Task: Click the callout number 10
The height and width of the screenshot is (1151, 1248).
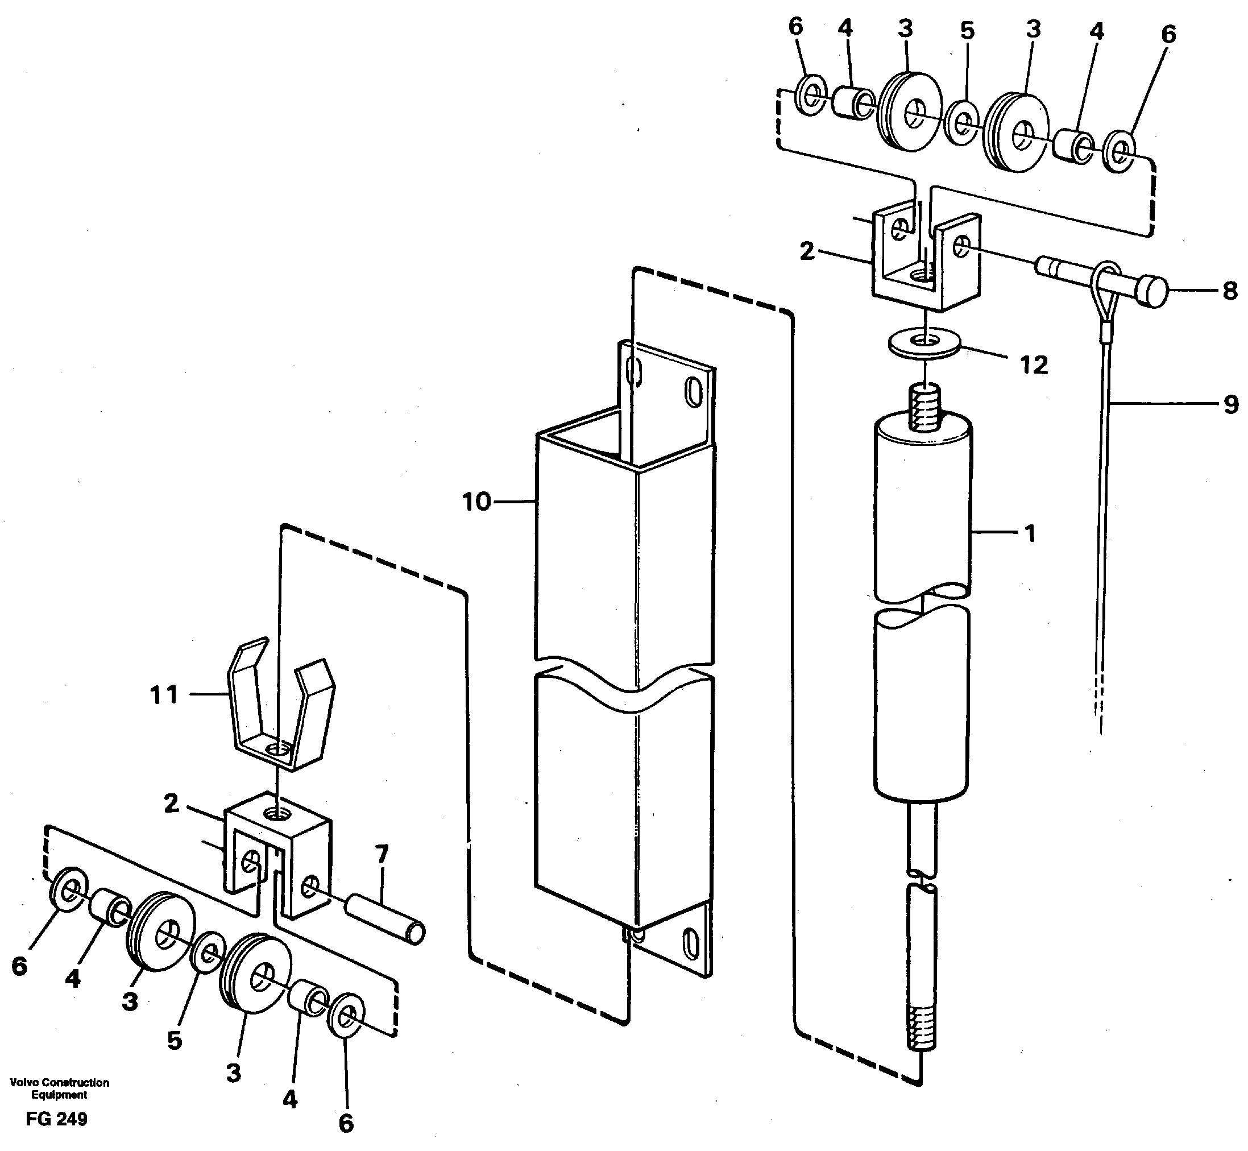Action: click(476, 502)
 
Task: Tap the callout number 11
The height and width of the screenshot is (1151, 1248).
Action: click(164, 695)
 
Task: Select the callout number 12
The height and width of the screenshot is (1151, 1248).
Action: click(1034, 365)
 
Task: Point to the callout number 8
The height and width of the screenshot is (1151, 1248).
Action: click(1230, 291)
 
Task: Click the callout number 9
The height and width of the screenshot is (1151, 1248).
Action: click(1230, 405)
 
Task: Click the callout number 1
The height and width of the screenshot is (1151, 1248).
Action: click(1030, 533)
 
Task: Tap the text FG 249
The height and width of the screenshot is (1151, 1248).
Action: click(57, 1119)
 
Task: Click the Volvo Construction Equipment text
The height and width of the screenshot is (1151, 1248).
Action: click(59, 1088)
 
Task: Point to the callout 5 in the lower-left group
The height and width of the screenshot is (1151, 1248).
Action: click(175, 1040)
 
